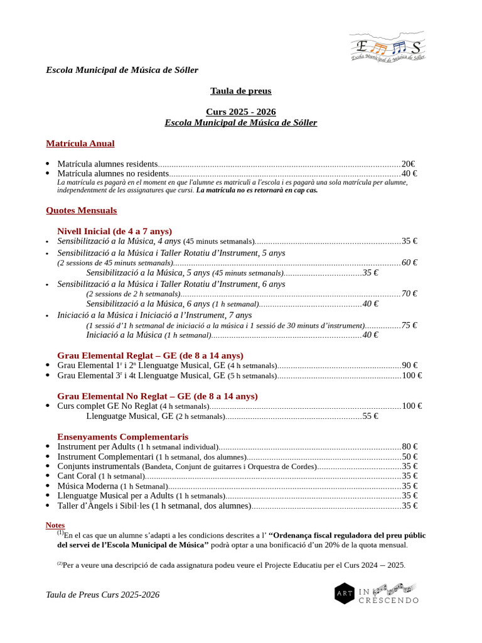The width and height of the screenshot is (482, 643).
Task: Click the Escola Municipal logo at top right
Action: [x=387, y=47]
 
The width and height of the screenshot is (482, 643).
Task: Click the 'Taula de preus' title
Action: [x=240, y=91]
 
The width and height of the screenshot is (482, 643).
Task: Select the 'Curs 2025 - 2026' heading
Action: [x=240, y=112]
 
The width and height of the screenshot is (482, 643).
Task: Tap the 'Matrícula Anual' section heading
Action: [x=80, y=144]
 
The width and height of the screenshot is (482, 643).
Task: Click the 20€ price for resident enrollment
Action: [x=409, y=164]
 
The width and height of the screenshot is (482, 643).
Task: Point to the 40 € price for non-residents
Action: [x=410, y=173]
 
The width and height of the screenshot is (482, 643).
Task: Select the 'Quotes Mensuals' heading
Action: [x=81, y=210]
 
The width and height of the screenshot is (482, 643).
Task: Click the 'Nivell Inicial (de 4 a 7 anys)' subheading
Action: [x=114, y=231]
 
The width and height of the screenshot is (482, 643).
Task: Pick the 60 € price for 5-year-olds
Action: [x=410, y=262]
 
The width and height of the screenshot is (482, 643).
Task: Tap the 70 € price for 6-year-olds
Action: [x=410, y=293]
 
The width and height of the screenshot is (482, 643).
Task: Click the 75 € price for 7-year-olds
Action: [x=410, y=325]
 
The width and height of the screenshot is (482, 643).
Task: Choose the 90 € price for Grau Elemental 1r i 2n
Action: [x=410, y=365]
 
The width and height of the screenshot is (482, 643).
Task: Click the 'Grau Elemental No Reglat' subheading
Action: [x=157, y=396]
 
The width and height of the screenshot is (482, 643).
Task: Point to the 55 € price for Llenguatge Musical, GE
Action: [x=370, y=416]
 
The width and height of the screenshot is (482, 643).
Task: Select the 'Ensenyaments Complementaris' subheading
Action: [x=122, y=436]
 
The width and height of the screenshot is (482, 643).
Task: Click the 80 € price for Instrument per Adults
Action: [x=410, y=446]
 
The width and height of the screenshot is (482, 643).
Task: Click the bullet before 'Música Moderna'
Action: [x=48, y=486]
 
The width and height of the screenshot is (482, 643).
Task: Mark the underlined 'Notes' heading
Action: [x=55, y=525]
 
